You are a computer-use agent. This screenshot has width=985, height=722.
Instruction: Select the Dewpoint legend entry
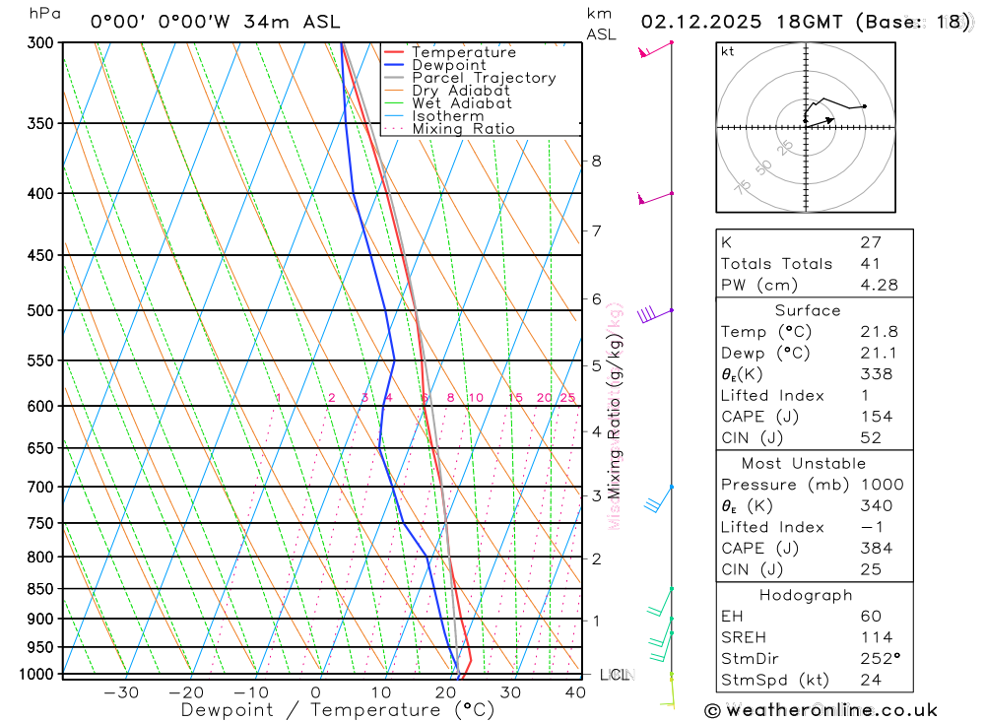pyautogui.click(x=449, y=65)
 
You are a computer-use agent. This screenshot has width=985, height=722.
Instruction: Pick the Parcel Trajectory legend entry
pyautogui.click(x=484, y=78)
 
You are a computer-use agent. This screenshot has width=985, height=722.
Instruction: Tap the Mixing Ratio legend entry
pyautogui.click(x=463, y=129)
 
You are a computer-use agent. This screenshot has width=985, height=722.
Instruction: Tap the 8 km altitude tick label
pyautogui.click(x=596, y=161)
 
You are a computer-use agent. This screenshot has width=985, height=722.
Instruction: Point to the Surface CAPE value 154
pyautogui.click(x=875, y=417)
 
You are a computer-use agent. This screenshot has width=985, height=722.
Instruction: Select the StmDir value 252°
pyautogui.click(x=879, y=659)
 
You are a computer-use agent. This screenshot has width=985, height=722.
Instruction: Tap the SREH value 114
pyautogui.click(x=875, y=637)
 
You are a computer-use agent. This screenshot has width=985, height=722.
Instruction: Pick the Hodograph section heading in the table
pyautogui.click(x=806, y=595)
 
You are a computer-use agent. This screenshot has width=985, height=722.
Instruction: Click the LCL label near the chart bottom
pyautogui.click(x=615, y=675)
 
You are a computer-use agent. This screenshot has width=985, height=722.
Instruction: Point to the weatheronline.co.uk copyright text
pyautogui.click(x=821, y=710)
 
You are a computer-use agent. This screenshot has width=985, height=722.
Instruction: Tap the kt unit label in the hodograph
pyautogui.click(x=727, y=51)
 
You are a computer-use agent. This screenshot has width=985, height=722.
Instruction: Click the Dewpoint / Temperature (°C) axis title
pyautogui.click(x=337, y=710)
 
